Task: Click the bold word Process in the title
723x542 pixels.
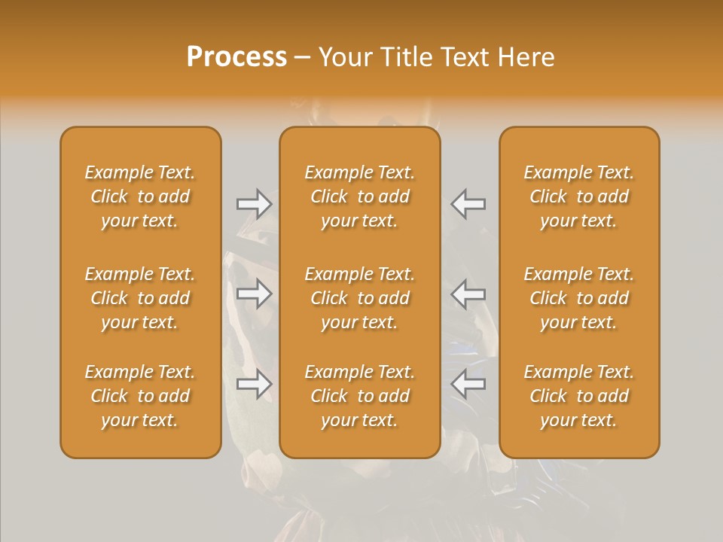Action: pyautogui.click(x=236, y=57)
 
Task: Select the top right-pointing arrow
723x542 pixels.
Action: pyautogui.click(x=254, y=204)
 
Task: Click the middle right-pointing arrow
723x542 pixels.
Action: pyautogui.click(x=254, y=294)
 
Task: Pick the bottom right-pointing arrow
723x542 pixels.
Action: pyautogui.click(x=254, y=385)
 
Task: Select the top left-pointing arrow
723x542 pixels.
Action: pyautogui.click(x=468, y=204)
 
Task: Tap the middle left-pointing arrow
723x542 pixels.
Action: pyautogui.click(x=468, y=294)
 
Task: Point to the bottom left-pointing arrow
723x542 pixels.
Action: pyautogui.click(x=468, y=385)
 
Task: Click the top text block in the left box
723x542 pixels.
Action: pyautogui.click(x=140, y=196)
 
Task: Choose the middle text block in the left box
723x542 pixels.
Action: pyautogui.click(x=140, y=298)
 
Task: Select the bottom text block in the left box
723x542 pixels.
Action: pyautogui.click(x=140, y=396)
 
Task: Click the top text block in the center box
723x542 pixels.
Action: pyautogui.click(x=359, y=196)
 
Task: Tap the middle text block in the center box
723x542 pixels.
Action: pyautogui.click(x=359, y=298)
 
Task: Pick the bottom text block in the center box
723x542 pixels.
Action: pyautogui.click(x=359, y=396)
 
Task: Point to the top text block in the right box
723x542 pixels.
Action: pyautogui.click(x=579, y=196)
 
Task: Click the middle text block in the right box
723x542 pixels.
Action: pyautogui.click(x=579, y=298)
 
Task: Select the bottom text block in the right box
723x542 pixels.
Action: pyautogui.click(x=579, y=396)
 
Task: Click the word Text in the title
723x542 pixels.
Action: pyautogui.click(x=464, y=57)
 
